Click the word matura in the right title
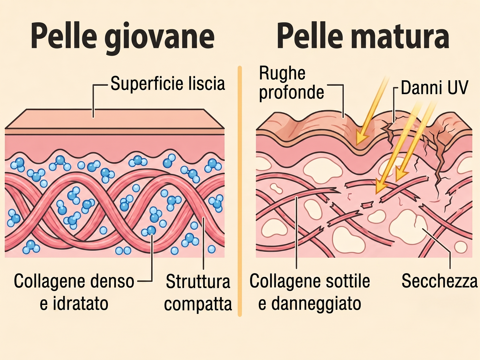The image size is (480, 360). click(396, 36)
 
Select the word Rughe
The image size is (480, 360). click(282, 74)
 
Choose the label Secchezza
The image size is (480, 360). click(440, 281)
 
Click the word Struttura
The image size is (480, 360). click(198, 282)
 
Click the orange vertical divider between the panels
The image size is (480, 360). click(240, 191)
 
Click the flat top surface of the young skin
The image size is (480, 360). click(115, 119)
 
